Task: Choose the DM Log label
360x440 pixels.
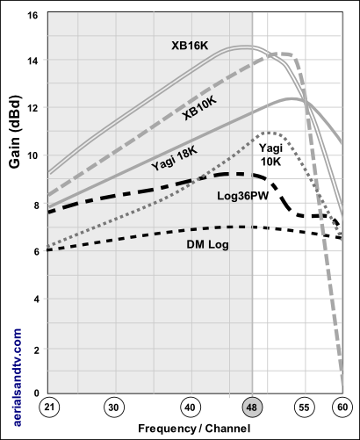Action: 207,245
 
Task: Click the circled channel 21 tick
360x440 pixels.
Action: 50,408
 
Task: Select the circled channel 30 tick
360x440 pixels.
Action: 112,408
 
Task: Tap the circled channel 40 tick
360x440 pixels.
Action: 190,408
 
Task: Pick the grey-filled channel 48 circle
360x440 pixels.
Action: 252,408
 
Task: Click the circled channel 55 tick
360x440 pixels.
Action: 303,408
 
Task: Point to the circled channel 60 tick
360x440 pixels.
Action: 342,408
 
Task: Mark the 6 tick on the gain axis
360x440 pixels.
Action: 36,251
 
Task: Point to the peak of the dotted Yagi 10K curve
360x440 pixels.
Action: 266,133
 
